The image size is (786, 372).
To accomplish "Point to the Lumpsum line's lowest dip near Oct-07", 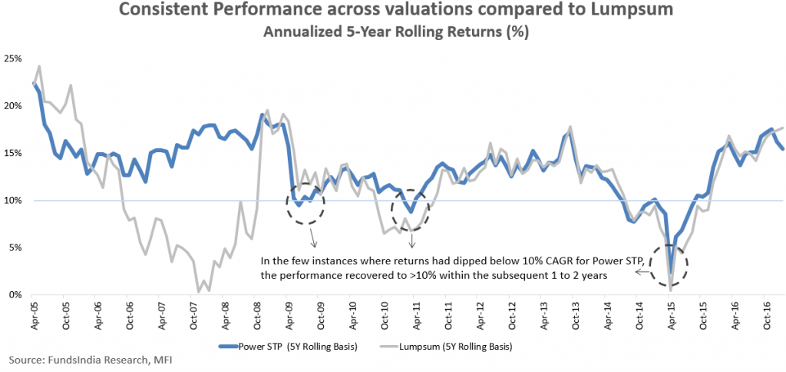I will coord(199,291).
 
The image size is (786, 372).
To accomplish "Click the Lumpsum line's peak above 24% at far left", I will coord(39,66).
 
